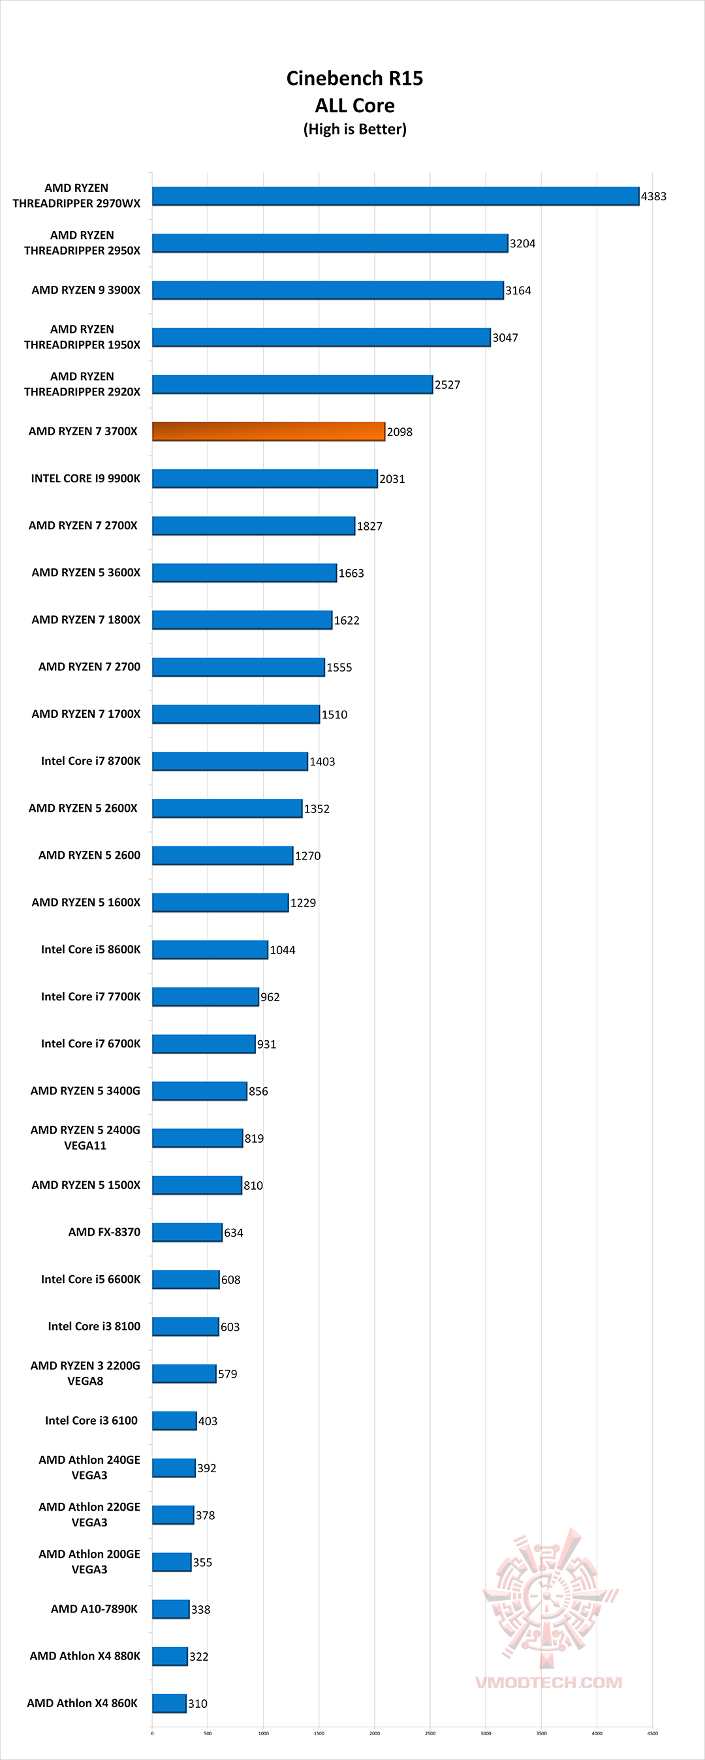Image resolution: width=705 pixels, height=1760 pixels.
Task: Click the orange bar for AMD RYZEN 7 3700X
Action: click(268, 431)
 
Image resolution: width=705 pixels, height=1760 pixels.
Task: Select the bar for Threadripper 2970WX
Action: click(396, 196)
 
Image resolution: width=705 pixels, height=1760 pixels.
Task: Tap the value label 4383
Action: click(654, 196)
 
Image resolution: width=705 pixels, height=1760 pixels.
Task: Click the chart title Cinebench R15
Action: click(354, 78)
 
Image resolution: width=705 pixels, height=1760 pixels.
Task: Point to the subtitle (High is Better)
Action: click(354, 129)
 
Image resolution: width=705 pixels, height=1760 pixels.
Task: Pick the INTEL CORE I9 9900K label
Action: click(86, 478)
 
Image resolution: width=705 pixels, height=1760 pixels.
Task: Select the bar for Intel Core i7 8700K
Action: click(230, 761)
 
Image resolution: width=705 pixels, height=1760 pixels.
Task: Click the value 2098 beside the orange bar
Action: click(399, 432)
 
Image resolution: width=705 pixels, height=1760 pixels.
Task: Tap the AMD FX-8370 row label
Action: click(104, 1232)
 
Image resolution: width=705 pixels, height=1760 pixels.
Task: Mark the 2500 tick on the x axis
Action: click(430, 1733)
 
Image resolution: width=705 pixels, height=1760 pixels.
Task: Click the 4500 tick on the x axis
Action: click(652, 1733)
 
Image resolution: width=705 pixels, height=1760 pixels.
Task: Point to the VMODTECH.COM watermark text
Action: click(548, 1682)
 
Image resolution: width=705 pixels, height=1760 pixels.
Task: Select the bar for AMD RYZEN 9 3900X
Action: click(328, 290)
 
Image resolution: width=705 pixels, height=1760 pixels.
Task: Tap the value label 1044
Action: click(283, 949)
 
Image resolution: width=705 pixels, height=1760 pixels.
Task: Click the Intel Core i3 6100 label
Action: click(91, 1421)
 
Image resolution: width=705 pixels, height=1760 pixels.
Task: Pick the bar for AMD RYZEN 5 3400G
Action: click(200, 1091)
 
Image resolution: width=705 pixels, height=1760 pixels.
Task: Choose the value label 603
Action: click(230, 1327)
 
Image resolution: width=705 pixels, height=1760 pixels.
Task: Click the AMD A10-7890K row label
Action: click(94, 1609)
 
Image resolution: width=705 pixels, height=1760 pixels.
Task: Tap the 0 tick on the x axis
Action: click(152, 1733)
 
